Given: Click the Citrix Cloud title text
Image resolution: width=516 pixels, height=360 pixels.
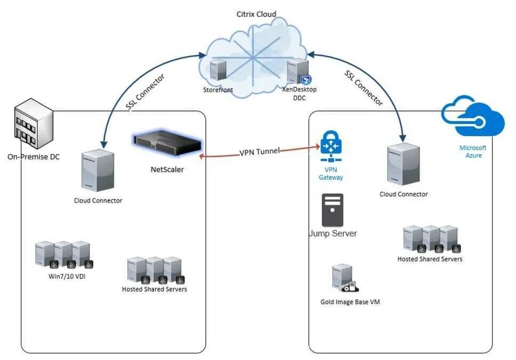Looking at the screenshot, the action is pos(256,14).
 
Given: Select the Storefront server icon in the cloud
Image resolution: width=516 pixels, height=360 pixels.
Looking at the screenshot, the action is pos(218,70).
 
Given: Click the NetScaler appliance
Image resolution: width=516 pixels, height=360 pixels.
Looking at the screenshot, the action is pos(168,142).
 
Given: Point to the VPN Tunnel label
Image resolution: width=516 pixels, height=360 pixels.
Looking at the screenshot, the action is pos(260,152).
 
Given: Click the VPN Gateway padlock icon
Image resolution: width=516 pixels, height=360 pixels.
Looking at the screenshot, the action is pos(330,146).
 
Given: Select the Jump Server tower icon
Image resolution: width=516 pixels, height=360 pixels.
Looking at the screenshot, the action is pos(333,210).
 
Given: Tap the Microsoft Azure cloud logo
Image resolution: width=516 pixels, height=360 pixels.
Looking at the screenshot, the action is pos(473,116).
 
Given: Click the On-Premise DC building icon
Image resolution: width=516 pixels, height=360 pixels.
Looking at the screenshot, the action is pos(34,123).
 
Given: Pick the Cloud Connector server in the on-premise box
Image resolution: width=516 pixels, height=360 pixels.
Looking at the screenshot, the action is pos(98,170).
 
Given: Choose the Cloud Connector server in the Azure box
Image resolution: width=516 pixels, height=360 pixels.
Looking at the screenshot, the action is pos(404,164).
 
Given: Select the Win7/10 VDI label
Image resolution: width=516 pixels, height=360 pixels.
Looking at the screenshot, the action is pos(67,276).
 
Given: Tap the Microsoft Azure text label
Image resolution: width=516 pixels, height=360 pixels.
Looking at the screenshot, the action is pos(473,151).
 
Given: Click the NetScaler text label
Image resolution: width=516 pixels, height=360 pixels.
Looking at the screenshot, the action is pos(167,169).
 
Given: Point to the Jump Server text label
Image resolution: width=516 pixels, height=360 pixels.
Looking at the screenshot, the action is pos(333,234).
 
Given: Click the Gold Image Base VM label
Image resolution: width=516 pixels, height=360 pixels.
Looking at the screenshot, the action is pos(350,302).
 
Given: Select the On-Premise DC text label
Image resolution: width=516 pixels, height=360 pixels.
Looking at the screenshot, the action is pos(34,157).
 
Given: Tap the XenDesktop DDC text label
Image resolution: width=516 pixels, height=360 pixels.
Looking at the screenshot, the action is pos(299,93).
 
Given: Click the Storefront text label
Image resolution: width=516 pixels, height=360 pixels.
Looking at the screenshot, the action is pos(218,90).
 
